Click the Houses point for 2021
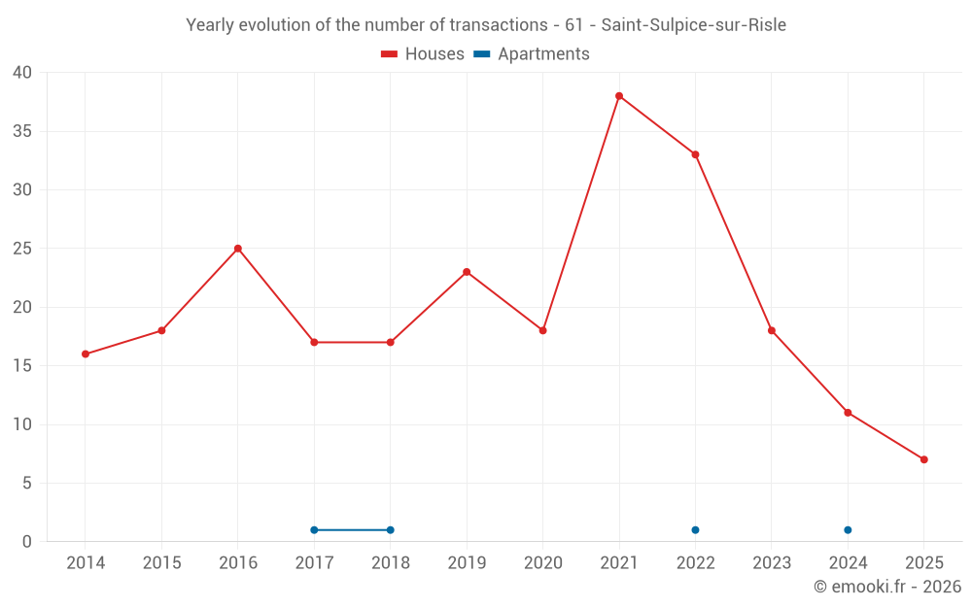(619, 96)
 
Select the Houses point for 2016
(238, 249)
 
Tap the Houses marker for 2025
(924, 459)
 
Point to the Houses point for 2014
(86, 354)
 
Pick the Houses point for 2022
(695, 154)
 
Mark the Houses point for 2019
(467, 272)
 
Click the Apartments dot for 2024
(848, 530)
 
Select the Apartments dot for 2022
(695, 530)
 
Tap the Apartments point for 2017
(314, 530)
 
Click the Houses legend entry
(423, 54)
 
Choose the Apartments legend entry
(532, 54)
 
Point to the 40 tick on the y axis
(23, 73)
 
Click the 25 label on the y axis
(23, 249)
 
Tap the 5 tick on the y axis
(27, 484)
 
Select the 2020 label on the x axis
(543, 563)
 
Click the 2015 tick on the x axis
(161, 563)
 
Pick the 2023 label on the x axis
(772, 563)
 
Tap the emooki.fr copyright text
(887, 587)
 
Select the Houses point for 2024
(848, 413)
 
